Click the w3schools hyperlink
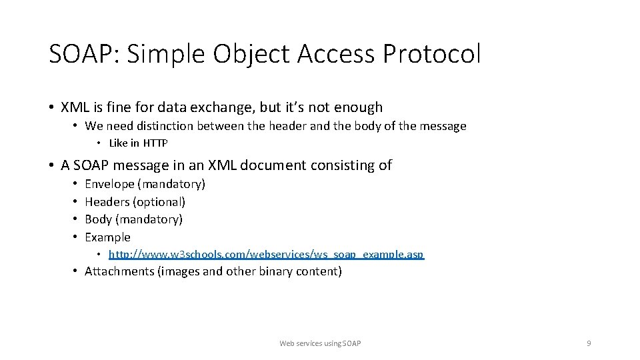click(x=266, y=255)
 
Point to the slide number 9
click(x=589, y=343)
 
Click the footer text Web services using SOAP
click(x=320, y=343)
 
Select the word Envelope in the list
click(x=109, y=183)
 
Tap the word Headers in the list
click(x=107, y=201)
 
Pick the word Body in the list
click(x=98, y=219)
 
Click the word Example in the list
click(x=107, y=237)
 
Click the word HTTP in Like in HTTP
click(x=155, y=143)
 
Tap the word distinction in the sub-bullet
click(x=161, y=126)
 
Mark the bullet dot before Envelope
click(x=76, y=183)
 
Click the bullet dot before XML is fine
click(x=51, y=107)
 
